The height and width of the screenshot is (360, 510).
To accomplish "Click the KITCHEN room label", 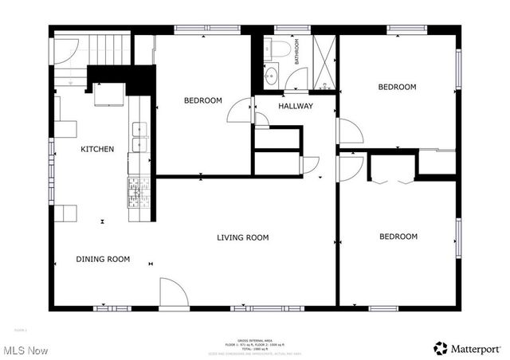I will coord(97,149).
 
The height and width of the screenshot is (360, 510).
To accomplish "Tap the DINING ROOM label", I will coord(103,259).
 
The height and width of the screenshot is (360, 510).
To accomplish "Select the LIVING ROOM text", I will coord(243,237).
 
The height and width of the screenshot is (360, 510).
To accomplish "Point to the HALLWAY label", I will coord(295,106).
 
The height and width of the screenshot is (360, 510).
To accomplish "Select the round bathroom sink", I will coord(271,77).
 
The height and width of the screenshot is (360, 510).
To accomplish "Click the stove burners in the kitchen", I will coord(139,191).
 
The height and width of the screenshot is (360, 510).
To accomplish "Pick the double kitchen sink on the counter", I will coord(139,136).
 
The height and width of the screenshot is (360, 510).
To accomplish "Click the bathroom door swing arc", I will coord(297,78).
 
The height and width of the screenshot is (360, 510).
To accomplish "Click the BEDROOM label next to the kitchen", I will coord(202,100).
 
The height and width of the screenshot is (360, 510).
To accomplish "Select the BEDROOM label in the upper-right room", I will coord(397,87).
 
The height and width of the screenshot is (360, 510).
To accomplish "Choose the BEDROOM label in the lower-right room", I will coord(398,237).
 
